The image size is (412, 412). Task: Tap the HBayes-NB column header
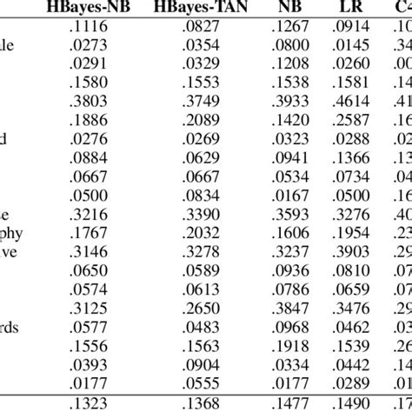tap(84, 10)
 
